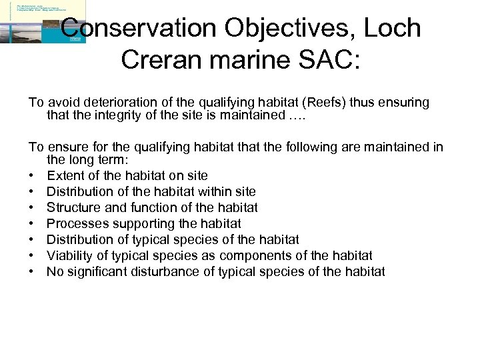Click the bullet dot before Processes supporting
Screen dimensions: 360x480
[31, 224]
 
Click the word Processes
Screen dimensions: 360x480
[75, 223]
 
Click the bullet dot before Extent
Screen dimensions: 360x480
[31, 176]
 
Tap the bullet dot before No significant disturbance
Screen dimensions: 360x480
[31, 272]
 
